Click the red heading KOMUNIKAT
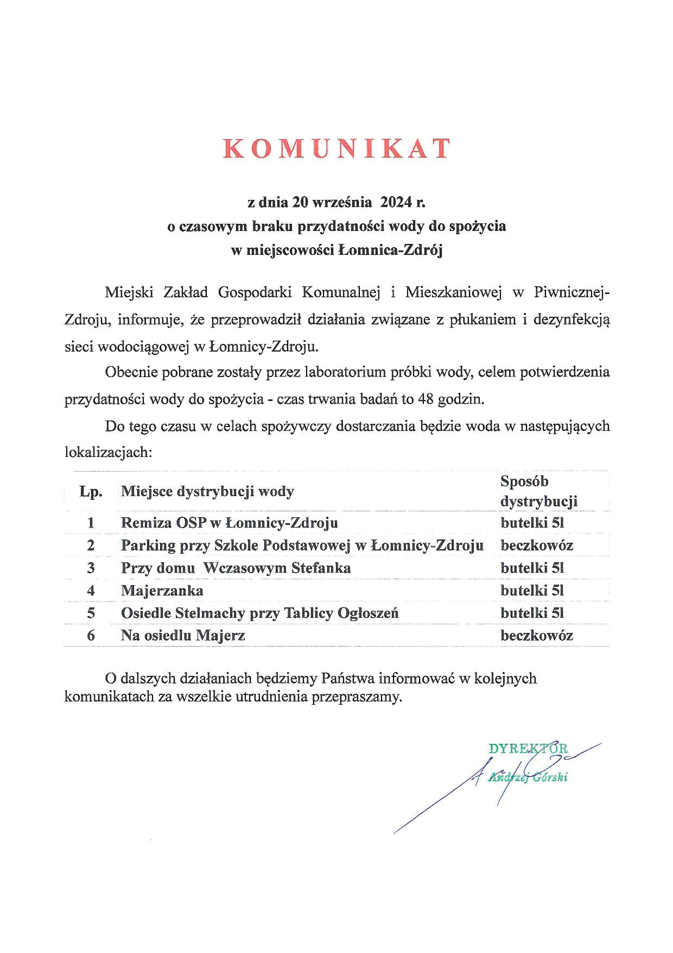[x=336, y=148]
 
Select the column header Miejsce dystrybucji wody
[x=207, y=492]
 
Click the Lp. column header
[x=91, y=492]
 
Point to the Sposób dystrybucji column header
[x=538, y=491]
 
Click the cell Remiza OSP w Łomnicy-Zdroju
[x=229, y=523]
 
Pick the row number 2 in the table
[x=91, y=546]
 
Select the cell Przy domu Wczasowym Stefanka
[x=236, y=568]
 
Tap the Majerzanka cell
[x=162, y=591]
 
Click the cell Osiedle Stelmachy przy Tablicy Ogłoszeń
[x=259, y=613]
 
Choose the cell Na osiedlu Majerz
[x=183, y=636]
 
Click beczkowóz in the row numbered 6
[x=537, y=636]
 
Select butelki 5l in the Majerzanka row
[x=532, y=591]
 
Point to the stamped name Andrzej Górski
[x=528, y=777]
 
